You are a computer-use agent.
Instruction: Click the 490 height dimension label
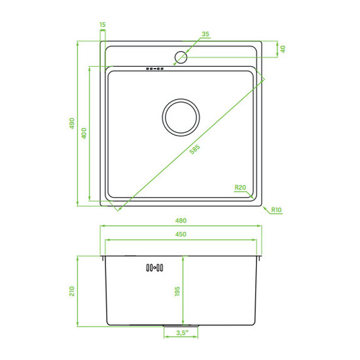pos(72,123)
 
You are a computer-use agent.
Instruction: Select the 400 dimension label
pos(84,133)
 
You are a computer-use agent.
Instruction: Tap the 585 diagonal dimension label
pos(194,149)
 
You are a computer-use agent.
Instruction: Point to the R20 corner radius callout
pos(240,187)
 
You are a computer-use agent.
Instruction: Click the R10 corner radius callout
pos(276,209)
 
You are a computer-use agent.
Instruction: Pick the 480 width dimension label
pos(181,221)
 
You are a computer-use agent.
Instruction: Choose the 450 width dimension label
pos(181,234)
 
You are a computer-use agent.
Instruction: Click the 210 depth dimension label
pos(72,291)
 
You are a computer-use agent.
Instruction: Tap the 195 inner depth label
pos(177,291)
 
